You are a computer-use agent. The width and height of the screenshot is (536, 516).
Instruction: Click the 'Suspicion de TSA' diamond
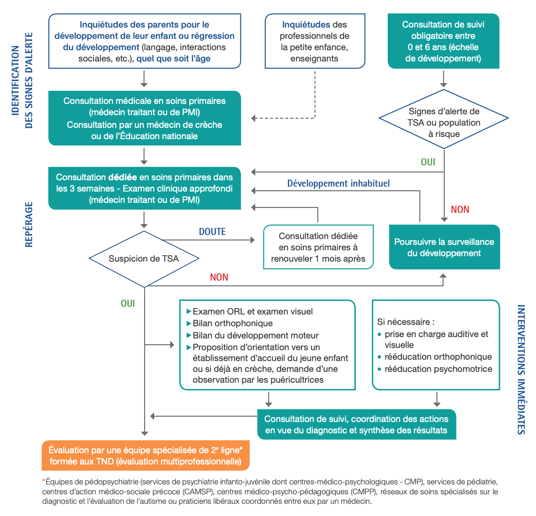point(144,259)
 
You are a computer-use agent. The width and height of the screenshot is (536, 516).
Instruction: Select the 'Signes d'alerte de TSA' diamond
point(443,122)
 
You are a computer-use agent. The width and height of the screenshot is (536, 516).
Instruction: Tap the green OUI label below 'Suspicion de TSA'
point(128,304)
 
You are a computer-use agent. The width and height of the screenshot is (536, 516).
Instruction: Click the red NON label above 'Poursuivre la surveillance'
point(460,210)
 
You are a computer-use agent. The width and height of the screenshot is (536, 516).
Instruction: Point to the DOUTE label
point(212,232)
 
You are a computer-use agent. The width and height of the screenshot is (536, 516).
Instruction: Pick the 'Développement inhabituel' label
point(339,183)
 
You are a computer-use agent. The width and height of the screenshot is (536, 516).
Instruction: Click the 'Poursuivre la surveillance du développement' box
point(444,247)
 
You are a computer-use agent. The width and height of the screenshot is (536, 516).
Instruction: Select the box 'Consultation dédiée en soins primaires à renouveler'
point(318,247)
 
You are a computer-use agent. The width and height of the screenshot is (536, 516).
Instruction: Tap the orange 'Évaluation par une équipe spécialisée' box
point(146,455)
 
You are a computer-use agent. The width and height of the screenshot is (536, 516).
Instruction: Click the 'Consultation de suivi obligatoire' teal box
point(443,42)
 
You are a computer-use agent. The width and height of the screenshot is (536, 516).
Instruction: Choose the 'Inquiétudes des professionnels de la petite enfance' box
point(315,42)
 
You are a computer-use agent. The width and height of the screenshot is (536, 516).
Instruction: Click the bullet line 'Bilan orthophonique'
point(232,324)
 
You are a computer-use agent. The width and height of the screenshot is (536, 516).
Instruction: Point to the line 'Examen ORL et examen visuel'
point(252,312)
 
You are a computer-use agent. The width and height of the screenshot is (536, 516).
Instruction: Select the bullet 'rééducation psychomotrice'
point(438,369)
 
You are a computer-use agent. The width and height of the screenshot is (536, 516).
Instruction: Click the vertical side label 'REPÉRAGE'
point(29,225)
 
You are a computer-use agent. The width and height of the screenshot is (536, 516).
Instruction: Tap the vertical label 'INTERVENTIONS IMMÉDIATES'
point(521,369)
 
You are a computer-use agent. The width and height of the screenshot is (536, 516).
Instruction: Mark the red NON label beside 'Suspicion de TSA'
point(219,277)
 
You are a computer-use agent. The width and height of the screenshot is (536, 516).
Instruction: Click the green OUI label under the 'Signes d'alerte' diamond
point(428,162)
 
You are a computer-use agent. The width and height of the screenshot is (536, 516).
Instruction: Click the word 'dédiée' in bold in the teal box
point(122,178)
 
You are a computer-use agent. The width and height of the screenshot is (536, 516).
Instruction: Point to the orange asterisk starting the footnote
point(44,482)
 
